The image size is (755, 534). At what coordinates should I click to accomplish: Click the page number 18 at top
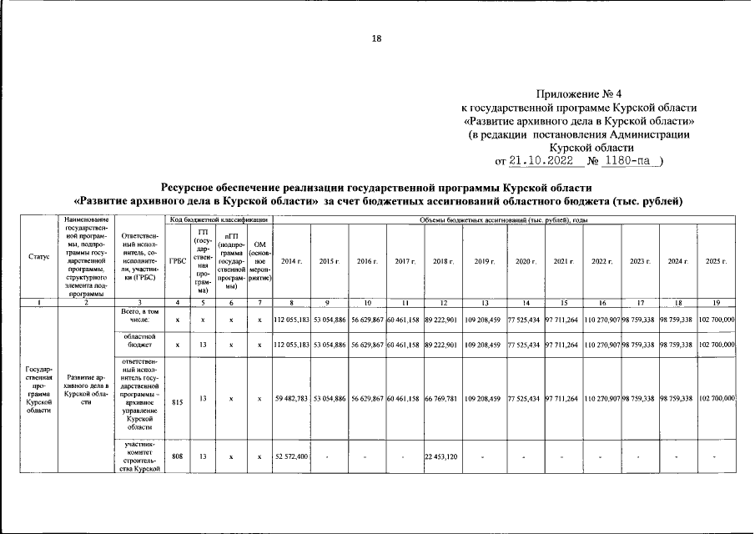(x=377, y=38)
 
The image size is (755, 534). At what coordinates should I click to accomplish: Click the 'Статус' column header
(x=38, y=257)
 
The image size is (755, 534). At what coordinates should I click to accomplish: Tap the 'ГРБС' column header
(x=177, y=260)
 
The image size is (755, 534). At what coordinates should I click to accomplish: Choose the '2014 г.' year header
(x=292, y=261)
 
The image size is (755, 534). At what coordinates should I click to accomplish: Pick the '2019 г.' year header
(x=485, y=261)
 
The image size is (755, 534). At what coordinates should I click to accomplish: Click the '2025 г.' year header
(x=716, y=261)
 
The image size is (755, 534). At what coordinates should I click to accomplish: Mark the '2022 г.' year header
(x=602, y=261)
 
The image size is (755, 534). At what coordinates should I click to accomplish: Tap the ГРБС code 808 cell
(x=177, y=456)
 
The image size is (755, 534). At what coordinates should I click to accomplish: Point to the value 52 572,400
(x=292, y=456)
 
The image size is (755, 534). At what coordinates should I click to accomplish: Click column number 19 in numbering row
(x=716, y=301)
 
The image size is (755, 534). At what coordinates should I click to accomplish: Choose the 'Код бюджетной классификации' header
(x=218, y=219)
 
